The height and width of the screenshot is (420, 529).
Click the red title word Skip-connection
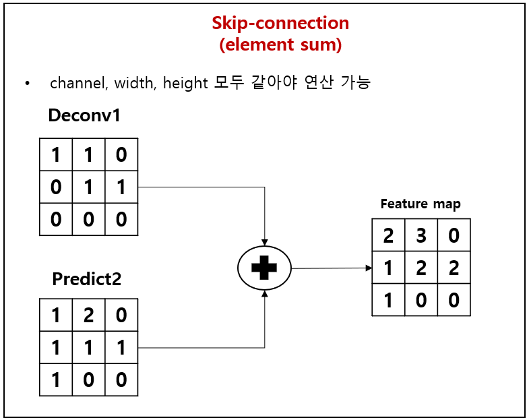tap(280, 23)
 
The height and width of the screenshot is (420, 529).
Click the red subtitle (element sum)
tap(280, 44)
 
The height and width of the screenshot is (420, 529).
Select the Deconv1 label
tap(84, 115)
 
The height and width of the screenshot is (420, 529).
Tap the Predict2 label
tap(87, 278)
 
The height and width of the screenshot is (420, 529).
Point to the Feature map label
tap(421, 204)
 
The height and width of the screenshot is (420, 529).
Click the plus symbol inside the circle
tap(264, 268)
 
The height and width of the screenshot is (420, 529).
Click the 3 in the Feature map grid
tap(421, 235)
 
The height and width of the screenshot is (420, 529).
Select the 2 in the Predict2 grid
tap(88, 316)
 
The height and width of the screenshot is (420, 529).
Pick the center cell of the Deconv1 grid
tap(88, 187)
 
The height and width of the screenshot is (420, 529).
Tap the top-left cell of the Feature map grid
tap(389, 235)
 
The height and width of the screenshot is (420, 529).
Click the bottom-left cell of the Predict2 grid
tap(56, 380)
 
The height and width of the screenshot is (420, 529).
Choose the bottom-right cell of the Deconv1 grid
tap(121, 219)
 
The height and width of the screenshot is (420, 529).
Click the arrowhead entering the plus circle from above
tap(264, 243)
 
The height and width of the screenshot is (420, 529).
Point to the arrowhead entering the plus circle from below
tap(264, 294)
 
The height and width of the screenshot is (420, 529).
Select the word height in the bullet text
tap(185, 83)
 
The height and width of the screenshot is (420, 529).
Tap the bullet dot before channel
tap(28, 84)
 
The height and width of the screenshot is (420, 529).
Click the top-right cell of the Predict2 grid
tap(121, 316)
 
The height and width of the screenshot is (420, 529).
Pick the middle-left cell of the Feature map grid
tap(389, 268)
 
